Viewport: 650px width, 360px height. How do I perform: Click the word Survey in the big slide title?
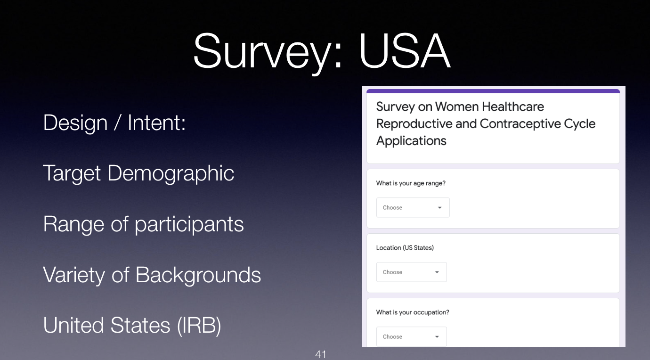point(268,54)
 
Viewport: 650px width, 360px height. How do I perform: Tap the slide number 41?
point(321,354)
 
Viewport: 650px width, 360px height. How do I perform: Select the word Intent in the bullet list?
point(156,123)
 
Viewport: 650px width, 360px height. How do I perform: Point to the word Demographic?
point(171,173)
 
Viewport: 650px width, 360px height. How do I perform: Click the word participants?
point(189,224)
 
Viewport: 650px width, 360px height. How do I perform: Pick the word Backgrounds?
point(198,275)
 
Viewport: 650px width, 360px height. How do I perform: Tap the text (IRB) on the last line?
point(199,326)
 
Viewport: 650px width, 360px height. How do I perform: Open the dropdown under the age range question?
point(413,208)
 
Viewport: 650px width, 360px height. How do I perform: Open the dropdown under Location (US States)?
point(412,272)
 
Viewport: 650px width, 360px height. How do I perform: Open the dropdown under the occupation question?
point(412,336)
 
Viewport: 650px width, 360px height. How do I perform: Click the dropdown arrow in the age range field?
point(439,208)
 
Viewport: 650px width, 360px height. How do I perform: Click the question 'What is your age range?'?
point(411,183)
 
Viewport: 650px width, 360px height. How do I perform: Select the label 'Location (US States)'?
point(405,248)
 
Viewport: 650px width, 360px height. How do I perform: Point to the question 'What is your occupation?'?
point(412,312)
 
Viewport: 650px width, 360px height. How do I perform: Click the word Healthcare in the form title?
point(513,106)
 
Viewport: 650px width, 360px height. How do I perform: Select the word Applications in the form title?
point(411,141)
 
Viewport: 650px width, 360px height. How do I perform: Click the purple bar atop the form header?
point(493,91)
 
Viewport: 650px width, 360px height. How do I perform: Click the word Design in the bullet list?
point(75,123)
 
